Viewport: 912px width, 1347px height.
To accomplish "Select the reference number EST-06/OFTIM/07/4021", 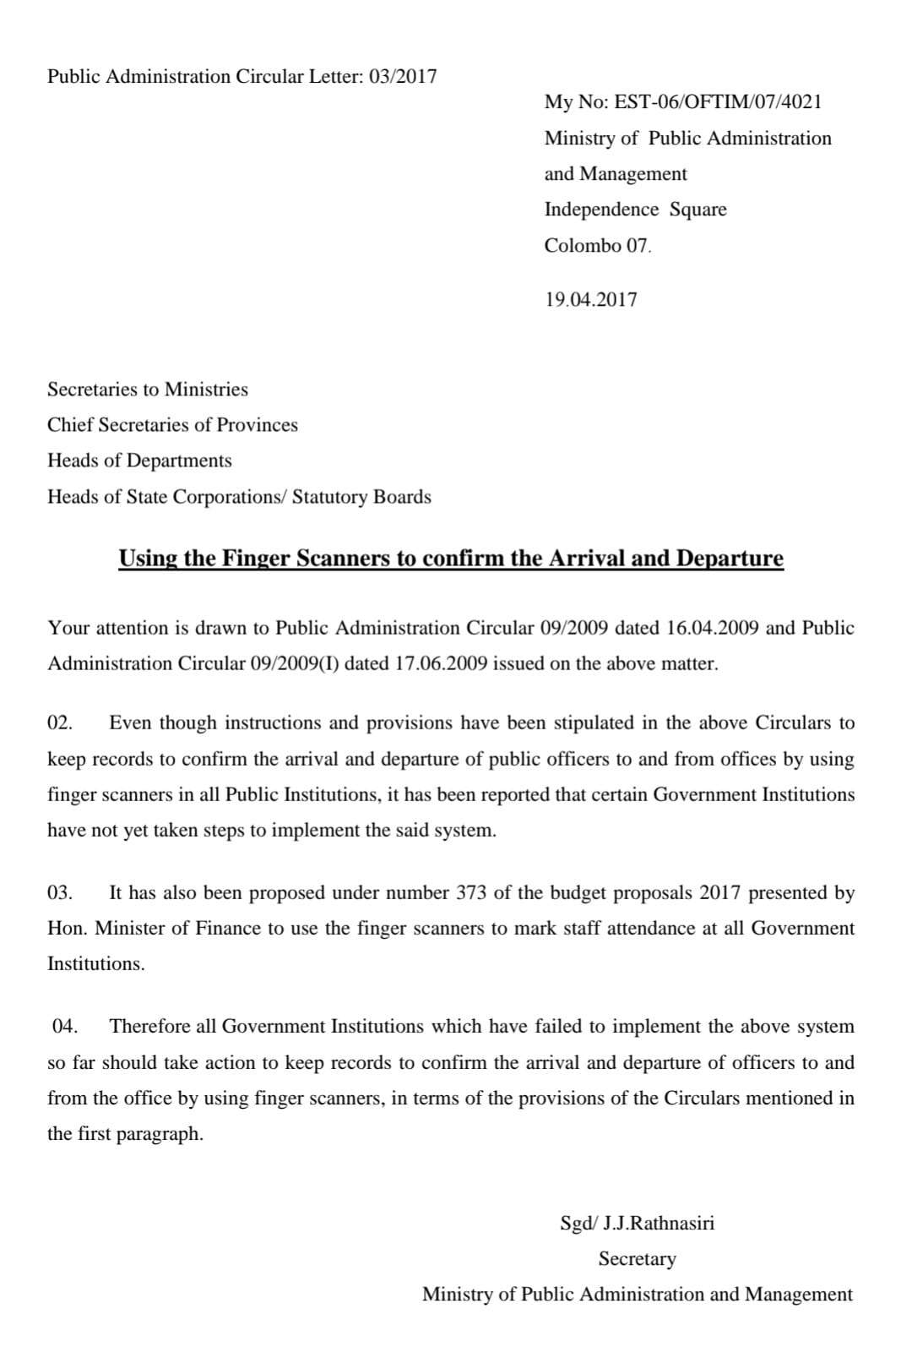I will coord(718,102).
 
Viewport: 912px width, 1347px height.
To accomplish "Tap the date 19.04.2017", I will coord(591,300).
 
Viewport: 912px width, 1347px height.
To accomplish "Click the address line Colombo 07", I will coord(598,246).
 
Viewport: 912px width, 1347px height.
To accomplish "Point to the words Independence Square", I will coord(635,210).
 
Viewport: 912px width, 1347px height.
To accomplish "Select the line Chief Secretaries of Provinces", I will coord(172,425).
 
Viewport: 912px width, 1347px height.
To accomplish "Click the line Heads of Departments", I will coord(139,461).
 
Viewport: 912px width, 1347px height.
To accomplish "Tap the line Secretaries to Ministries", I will coord(148,390).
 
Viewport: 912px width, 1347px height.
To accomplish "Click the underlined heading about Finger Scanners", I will coord(451,559).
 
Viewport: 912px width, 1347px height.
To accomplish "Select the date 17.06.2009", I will coord(441,663).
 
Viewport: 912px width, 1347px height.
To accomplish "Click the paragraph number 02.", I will coord(60,723).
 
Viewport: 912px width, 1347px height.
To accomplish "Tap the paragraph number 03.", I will coord(60,893).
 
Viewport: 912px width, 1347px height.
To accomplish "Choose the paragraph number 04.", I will coord(65,1027).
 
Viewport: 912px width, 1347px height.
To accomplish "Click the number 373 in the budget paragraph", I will coord(471,893).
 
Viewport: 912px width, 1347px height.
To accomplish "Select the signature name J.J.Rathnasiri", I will coord(659,1224).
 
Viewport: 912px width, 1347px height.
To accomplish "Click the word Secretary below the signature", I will coord(638,1259).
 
